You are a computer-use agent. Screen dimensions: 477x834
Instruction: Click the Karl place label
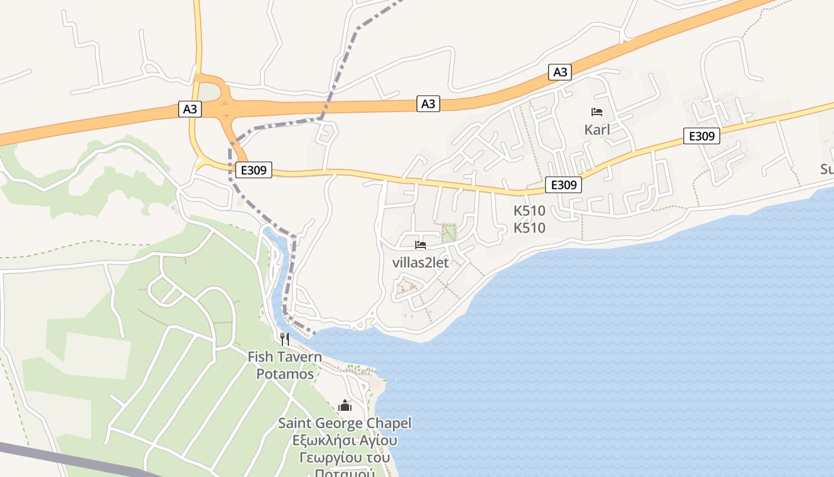pyautogui.click(x=597, y=129)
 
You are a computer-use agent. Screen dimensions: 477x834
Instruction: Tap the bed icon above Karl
pyautogui.click(x=597, y=112)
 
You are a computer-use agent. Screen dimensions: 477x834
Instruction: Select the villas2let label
pyautogui.click(x=421, y=262)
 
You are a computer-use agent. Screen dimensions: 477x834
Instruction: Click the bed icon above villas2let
pyautogui.click(x=421, y=245)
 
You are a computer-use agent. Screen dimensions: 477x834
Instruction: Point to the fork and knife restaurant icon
pyautogui.click(x=285, y=339)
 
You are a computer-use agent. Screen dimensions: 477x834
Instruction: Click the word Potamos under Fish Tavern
pyautogui.click(x=285, y=374)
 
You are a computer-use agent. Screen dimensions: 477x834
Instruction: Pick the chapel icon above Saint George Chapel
pyautogui.click(x=345, y=406)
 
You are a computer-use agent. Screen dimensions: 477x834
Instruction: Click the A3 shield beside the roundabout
pyautogui.click(x=190, y=109)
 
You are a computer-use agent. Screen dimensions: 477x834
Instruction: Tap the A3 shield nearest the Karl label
pyautogui.click(x=560, y=72)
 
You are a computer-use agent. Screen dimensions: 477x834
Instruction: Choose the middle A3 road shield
pyautogui.click(x=428, y=104)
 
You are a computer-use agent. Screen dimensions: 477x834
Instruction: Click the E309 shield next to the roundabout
pyautogui.click(x=253, y=171)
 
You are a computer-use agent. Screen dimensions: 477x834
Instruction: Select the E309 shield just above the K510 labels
pyautogui.click(x=564, y=185)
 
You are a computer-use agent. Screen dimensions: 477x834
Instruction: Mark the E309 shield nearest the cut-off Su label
pyautogui.click(x=702, y=136)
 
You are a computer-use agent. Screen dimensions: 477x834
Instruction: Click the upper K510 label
pyautogui.click(x=530, y=210)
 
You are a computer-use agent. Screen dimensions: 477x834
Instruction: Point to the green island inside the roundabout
pyautogui.click(x=208, y=93)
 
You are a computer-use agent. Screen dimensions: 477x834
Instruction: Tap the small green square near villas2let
pyautogui.click(x=449, y=232)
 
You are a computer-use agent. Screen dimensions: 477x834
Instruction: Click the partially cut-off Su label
pyautogui.click(x=827, y=169)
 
